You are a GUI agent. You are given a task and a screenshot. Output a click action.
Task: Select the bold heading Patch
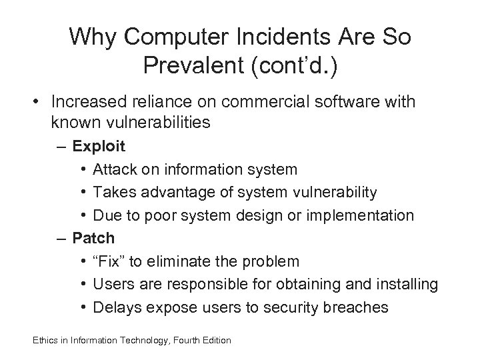[x=93, y=237]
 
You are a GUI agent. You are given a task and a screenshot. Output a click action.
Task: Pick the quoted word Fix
[x=111, y=261]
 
